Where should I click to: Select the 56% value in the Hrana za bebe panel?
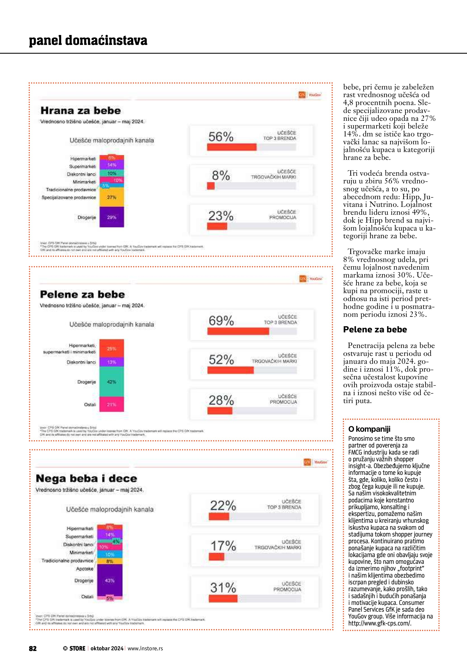[221, 137]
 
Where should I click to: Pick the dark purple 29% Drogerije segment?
[112, 217]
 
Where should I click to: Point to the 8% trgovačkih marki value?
[221, 175]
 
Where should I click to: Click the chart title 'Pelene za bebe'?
[82, 294]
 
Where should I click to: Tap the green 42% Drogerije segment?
[112, 382]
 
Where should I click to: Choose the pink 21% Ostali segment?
[112, 404]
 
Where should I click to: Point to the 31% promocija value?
[223, 588]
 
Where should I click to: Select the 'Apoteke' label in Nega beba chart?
[84, 569]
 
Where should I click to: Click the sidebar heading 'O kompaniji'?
[369, 429]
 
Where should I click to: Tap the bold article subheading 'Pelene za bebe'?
[375, 329]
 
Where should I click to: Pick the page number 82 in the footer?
[33, 648]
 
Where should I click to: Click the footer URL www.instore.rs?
[145, 648]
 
